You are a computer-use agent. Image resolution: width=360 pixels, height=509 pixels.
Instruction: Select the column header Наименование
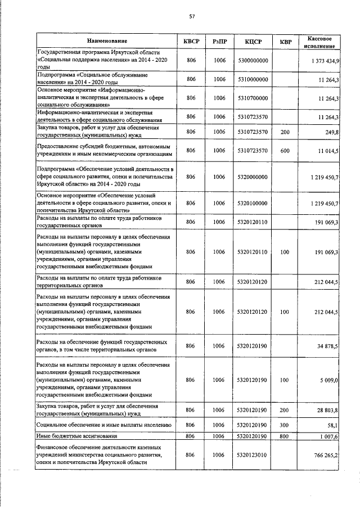(107, 41)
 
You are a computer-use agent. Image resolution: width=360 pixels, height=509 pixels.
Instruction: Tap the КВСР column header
(191, 41)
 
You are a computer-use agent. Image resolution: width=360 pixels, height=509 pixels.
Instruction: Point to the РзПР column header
(220, 41)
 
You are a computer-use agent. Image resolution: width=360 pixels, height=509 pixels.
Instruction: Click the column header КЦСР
(253, 41)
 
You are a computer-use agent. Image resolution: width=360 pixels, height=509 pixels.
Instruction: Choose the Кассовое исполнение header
(318, 41)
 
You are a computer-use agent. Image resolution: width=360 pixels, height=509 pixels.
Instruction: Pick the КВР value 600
(285, 151)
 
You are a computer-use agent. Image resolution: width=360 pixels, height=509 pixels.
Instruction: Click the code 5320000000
(253, 177)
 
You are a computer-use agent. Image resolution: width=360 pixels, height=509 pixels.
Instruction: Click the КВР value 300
(285, 425)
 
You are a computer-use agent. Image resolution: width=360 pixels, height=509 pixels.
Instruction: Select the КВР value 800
(285, 436)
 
